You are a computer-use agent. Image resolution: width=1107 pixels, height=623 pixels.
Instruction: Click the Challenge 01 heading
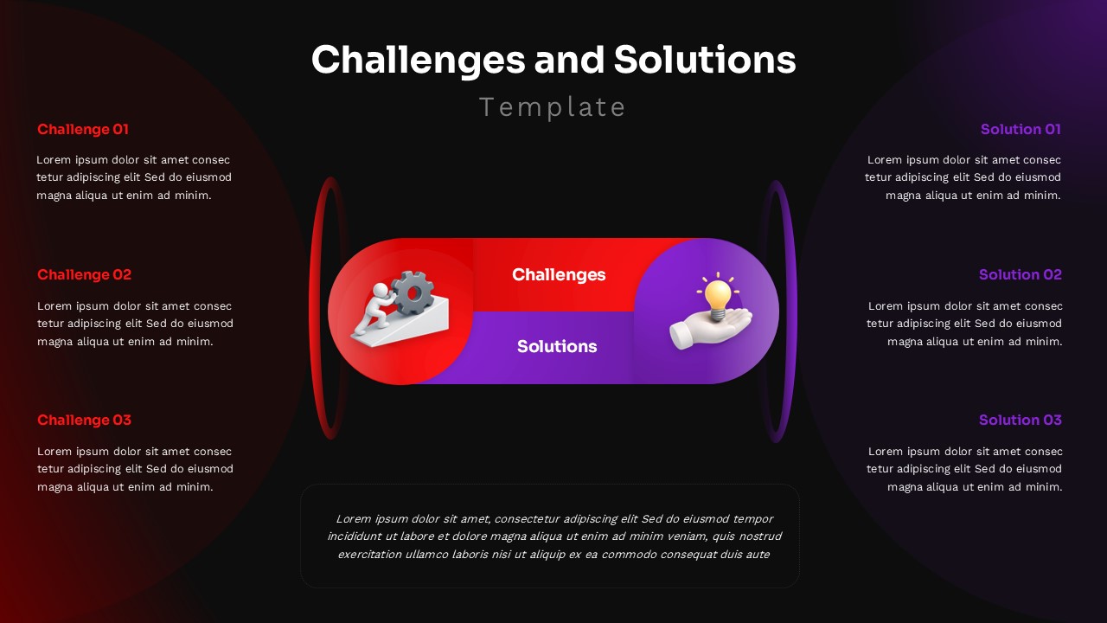point(82,130)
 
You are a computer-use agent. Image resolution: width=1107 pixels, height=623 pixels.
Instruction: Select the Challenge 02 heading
point(84,275)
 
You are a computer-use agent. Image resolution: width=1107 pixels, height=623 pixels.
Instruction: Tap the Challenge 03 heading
point(84,421)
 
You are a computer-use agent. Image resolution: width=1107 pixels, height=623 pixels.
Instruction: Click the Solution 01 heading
point(1021,130)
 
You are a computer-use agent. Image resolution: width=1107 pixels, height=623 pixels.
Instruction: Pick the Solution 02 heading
point(1021,275)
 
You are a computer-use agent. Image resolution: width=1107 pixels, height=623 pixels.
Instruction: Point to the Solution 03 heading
point(1021,421)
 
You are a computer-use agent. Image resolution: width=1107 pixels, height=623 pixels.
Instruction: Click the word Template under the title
point(553,107)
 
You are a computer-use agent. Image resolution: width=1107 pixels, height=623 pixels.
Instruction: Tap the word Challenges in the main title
point(418,61)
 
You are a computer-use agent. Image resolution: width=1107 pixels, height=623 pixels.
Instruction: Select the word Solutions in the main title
point(705,61)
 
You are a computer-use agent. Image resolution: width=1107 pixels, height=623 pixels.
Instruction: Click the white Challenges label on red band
point(559,275)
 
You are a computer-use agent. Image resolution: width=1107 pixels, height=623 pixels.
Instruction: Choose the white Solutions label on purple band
point(557,347)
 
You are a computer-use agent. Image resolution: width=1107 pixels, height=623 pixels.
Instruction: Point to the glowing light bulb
point(717,296)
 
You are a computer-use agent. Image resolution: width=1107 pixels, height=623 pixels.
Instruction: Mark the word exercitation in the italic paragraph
point(369,555)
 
